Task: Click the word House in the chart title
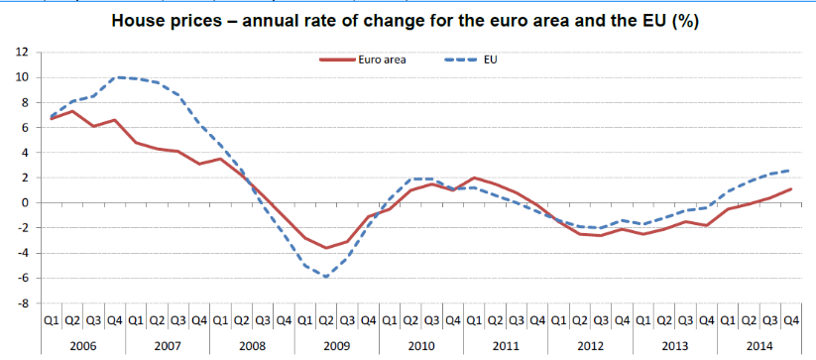point(134,22)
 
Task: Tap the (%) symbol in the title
point(685,23)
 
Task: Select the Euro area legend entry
point(363,60)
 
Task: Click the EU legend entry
point(471,60)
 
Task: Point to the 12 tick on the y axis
point(27,52)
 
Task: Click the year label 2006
point(83,345)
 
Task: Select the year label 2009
point(337,345)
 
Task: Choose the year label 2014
point(760,345)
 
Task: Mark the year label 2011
point(507,345)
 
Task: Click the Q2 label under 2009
point(326,321)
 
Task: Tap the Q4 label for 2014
point(791,321)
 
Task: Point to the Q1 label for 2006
point(52,321)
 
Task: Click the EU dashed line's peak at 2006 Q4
point(117,77)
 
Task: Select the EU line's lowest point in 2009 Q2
point(326,277)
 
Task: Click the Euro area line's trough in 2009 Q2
point(326,248)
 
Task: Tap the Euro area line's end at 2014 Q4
point(791,188)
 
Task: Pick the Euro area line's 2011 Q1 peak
point(475,178)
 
